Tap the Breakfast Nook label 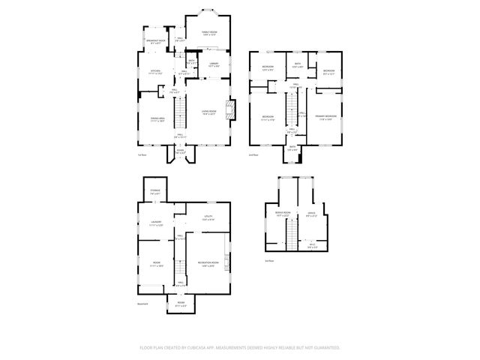(x=157, y=43)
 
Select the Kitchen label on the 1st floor (x=155, y=73)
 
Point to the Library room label (x=213, y=65)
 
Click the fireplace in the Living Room (x=233, y=111)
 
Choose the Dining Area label (x=157, y=120)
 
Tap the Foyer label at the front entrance (x=180, y=152)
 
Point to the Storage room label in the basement (x=154, y=193)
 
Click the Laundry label (x=155, y=223)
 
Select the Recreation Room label (x=208, y=263)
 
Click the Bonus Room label (x=282, y=215)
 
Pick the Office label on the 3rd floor (x=311, y=215)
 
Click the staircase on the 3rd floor (x=285, y=239)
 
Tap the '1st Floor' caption (x=142, y=155)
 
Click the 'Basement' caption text (x=142, y=304)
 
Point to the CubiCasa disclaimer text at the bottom (x=240, y=348)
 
